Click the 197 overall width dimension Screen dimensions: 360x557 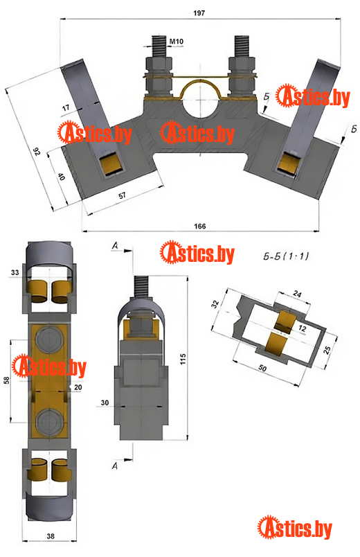click(x=199, y=13)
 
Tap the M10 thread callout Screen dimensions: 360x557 click(x=176, y=42)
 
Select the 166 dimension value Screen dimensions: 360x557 click(x=200, y=227)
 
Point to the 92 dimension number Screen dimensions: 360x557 click(x=36, y=152)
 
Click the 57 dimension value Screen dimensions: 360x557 click(x=122, y=195)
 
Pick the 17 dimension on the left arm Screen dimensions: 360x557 click(x=66, y=107)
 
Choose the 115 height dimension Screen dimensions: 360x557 click(x=183, y=359)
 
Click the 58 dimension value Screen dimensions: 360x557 click(x=6, y=380)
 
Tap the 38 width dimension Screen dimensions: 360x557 click(x=51, y=536)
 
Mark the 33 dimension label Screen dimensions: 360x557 click(x=15, y=272)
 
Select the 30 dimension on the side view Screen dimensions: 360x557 click(x=105, y=403)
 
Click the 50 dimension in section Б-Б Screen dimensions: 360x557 click(x=262, y=368)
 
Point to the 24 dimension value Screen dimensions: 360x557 click(x=297, y=294)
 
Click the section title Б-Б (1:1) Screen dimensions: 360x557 click(x=286, y=256)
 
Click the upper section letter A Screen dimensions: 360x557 click(x=115, y=245)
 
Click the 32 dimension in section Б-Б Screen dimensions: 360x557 click(x=215, y=304)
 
